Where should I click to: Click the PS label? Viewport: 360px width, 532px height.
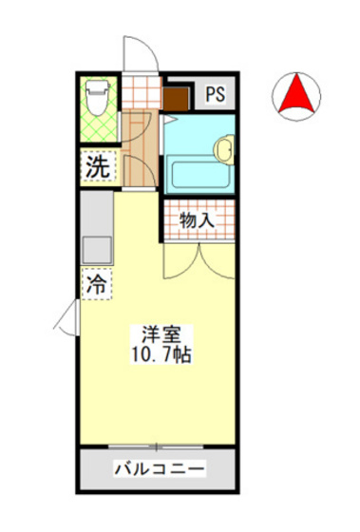point(216,94)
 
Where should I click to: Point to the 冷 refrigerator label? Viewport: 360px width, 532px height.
point(97,282)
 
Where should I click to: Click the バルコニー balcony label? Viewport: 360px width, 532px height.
point(157,469)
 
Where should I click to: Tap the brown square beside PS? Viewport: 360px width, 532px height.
point(176,96)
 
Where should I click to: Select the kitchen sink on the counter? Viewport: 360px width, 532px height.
point(97,250)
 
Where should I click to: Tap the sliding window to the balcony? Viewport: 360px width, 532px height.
point(157,446)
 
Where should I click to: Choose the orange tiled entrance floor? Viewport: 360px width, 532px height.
point(142,95)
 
